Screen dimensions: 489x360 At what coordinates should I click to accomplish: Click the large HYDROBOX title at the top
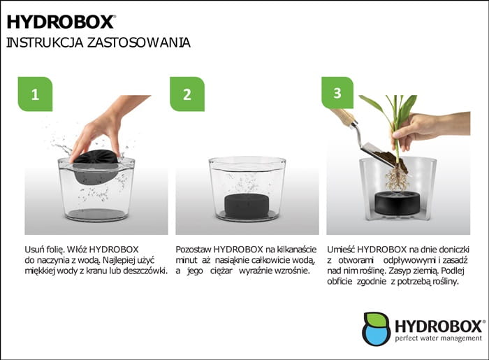(61, 22)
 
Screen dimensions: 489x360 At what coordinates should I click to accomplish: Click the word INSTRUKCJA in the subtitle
(45, 43)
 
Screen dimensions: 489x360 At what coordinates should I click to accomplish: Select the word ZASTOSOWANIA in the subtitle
(139, 43)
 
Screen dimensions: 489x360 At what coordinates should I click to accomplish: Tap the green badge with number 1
(35, 94)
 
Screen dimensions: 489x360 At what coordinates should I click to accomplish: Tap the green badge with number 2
(187, 94)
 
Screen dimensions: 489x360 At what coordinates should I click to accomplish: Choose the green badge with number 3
(337, 93)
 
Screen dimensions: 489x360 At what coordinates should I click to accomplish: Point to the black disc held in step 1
(96, 167)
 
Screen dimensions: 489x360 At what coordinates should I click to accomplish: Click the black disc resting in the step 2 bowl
(247, 206)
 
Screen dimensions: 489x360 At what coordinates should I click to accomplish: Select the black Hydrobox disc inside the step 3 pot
(397, 203)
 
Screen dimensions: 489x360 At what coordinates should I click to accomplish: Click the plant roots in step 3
(397, 179)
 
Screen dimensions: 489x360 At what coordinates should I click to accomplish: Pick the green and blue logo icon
(377, 329)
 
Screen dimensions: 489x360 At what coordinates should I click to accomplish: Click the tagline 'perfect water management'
(438, 338)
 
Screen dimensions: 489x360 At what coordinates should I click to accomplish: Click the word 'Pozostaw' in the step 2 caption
(194, 250)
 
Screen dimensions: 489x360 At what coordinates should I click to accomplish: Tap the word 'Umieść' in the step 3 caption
(341, 250)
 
